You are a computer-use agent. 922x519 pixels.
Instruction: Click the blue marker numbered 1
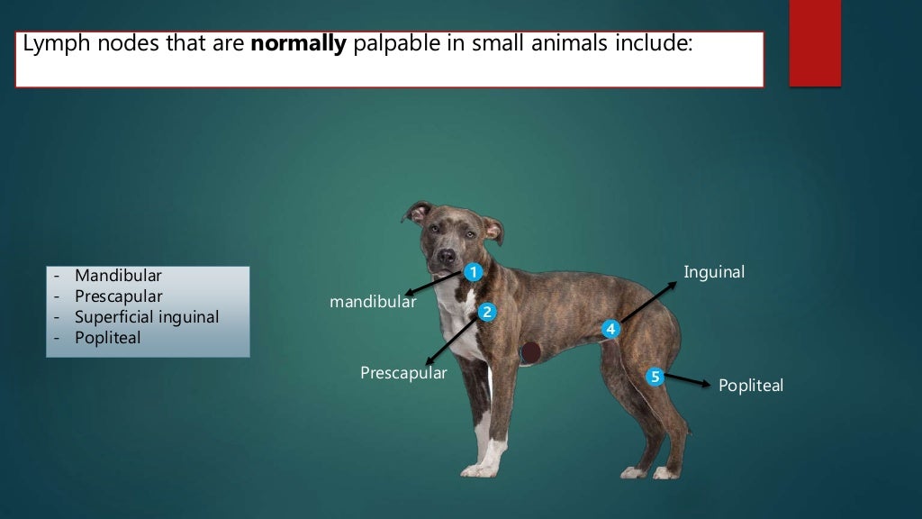pos(474,271)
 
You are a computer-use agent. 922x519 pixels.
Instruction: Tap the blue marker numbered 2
pos(486,313)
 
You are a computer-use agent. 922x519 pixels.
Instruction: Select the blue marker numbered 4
pos(611,330)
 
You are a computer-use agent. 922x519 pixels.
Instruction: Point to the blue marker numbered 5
pos(655,377)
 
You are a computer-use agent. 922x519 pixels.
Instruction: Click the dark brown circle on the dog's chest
pos(530,351)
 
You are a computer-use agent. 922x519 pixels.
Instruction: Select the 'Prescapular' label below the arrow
pos(403,373)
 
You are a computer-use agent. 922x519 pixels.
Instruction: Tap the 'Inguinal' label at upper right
pos(714,272)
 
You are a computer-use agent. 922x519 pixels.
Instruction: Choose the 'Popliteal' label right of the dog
pos(750,386)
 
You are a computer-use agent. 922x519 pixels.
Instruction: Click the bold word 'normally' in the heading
pos(298,45)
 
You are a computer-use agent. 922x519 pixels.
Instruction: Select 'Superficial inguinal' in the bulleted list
pos(147,317)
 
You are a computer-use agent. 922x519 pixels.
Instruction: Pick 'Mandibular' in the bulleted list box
pos(118,276)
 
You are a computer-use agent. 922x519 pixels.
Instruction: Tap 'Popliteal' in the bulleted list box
pos(108,338)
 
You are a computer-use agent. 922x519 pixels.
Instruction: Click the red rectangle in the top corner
pos(815,43)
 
